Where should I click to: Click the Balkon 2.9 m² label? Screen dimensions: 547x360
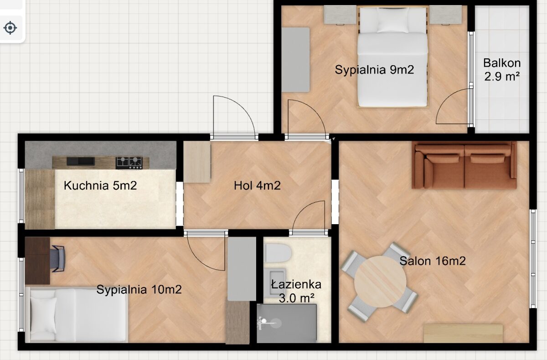(502, 70)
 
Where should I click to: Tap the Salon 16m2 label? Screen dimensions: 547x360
(433, 261)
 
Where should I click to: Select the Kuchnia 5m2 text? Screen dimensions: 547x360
(100, 185)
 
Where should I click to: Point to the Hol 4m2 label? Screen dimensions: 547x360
(257, 186)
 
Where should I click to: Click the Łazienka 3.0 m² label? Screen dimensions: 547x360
(296, 291)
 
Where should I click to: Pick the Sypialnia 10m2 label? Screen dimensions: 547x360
(139, 289)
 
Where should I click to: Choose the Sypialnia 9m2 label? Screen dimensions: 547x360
(374, 70)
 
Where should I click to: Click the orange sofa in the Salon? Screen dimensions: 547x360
(464, 165)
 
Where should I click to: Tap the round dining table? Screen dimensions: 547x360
(380, 281)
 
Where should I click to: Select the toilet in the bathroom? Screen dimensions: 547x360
(278, 253)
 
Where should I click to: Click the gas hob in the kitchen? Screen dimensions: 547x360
(129, 163)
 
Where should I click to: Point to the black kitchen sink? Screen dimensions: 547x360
(81, 161)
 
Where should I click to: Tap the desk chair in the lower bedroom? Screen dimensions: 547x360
(57, 259)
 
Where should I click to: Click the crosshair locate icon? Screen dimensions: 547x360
(10, 28)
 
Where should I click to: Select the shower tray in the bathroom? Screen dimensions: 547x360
(287, 324)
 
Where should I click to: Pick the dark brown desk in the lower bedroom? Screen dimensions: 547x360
(37, 261)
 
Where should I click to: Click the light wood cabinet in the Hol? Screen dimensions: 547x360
(197, 162)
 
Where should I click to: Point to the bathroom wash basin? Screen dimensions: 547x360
(275, 283)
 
